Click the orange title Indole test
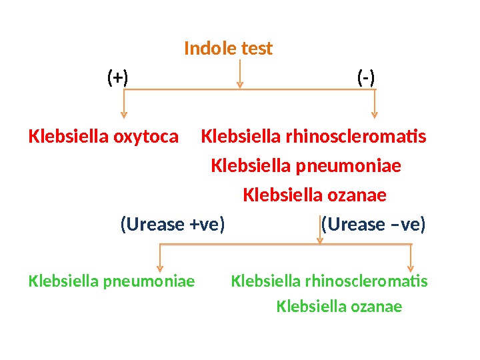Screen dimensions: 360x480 click(x=228, y=49)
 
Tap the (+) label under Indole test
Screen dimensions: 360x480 click(x=118, y=78)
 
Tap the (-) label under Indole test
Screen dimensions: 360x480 click(x=366, y=78)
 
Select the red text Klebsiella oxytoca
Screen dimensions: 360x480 click(x=104, y=137)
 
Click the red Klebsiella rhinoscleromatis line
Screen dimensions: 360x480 click(x=313, y=137)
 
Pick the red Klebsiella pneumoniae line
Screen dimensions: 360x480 click(x=306, y=165)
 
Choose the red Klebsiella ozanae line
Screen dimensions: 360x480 click(x=315, y=195)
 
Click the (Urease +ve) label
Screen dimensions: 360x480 click(x=173, y=224)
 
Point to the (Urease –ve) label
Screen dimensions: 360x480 click(x=373, y=224)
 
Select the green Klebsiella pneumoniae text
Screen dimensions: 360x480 click(x=112, y=281)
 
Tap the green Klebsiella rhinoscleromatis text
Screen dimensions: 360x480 click(x=329, y=281)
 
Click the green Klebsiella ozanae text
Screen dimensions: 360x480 click(x=339, y=307)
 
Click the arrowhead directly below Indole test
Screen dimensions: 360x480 click(x=240, y=85)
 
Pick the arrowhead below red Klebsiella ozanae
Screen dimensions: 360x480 click(x=320, y=240)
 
